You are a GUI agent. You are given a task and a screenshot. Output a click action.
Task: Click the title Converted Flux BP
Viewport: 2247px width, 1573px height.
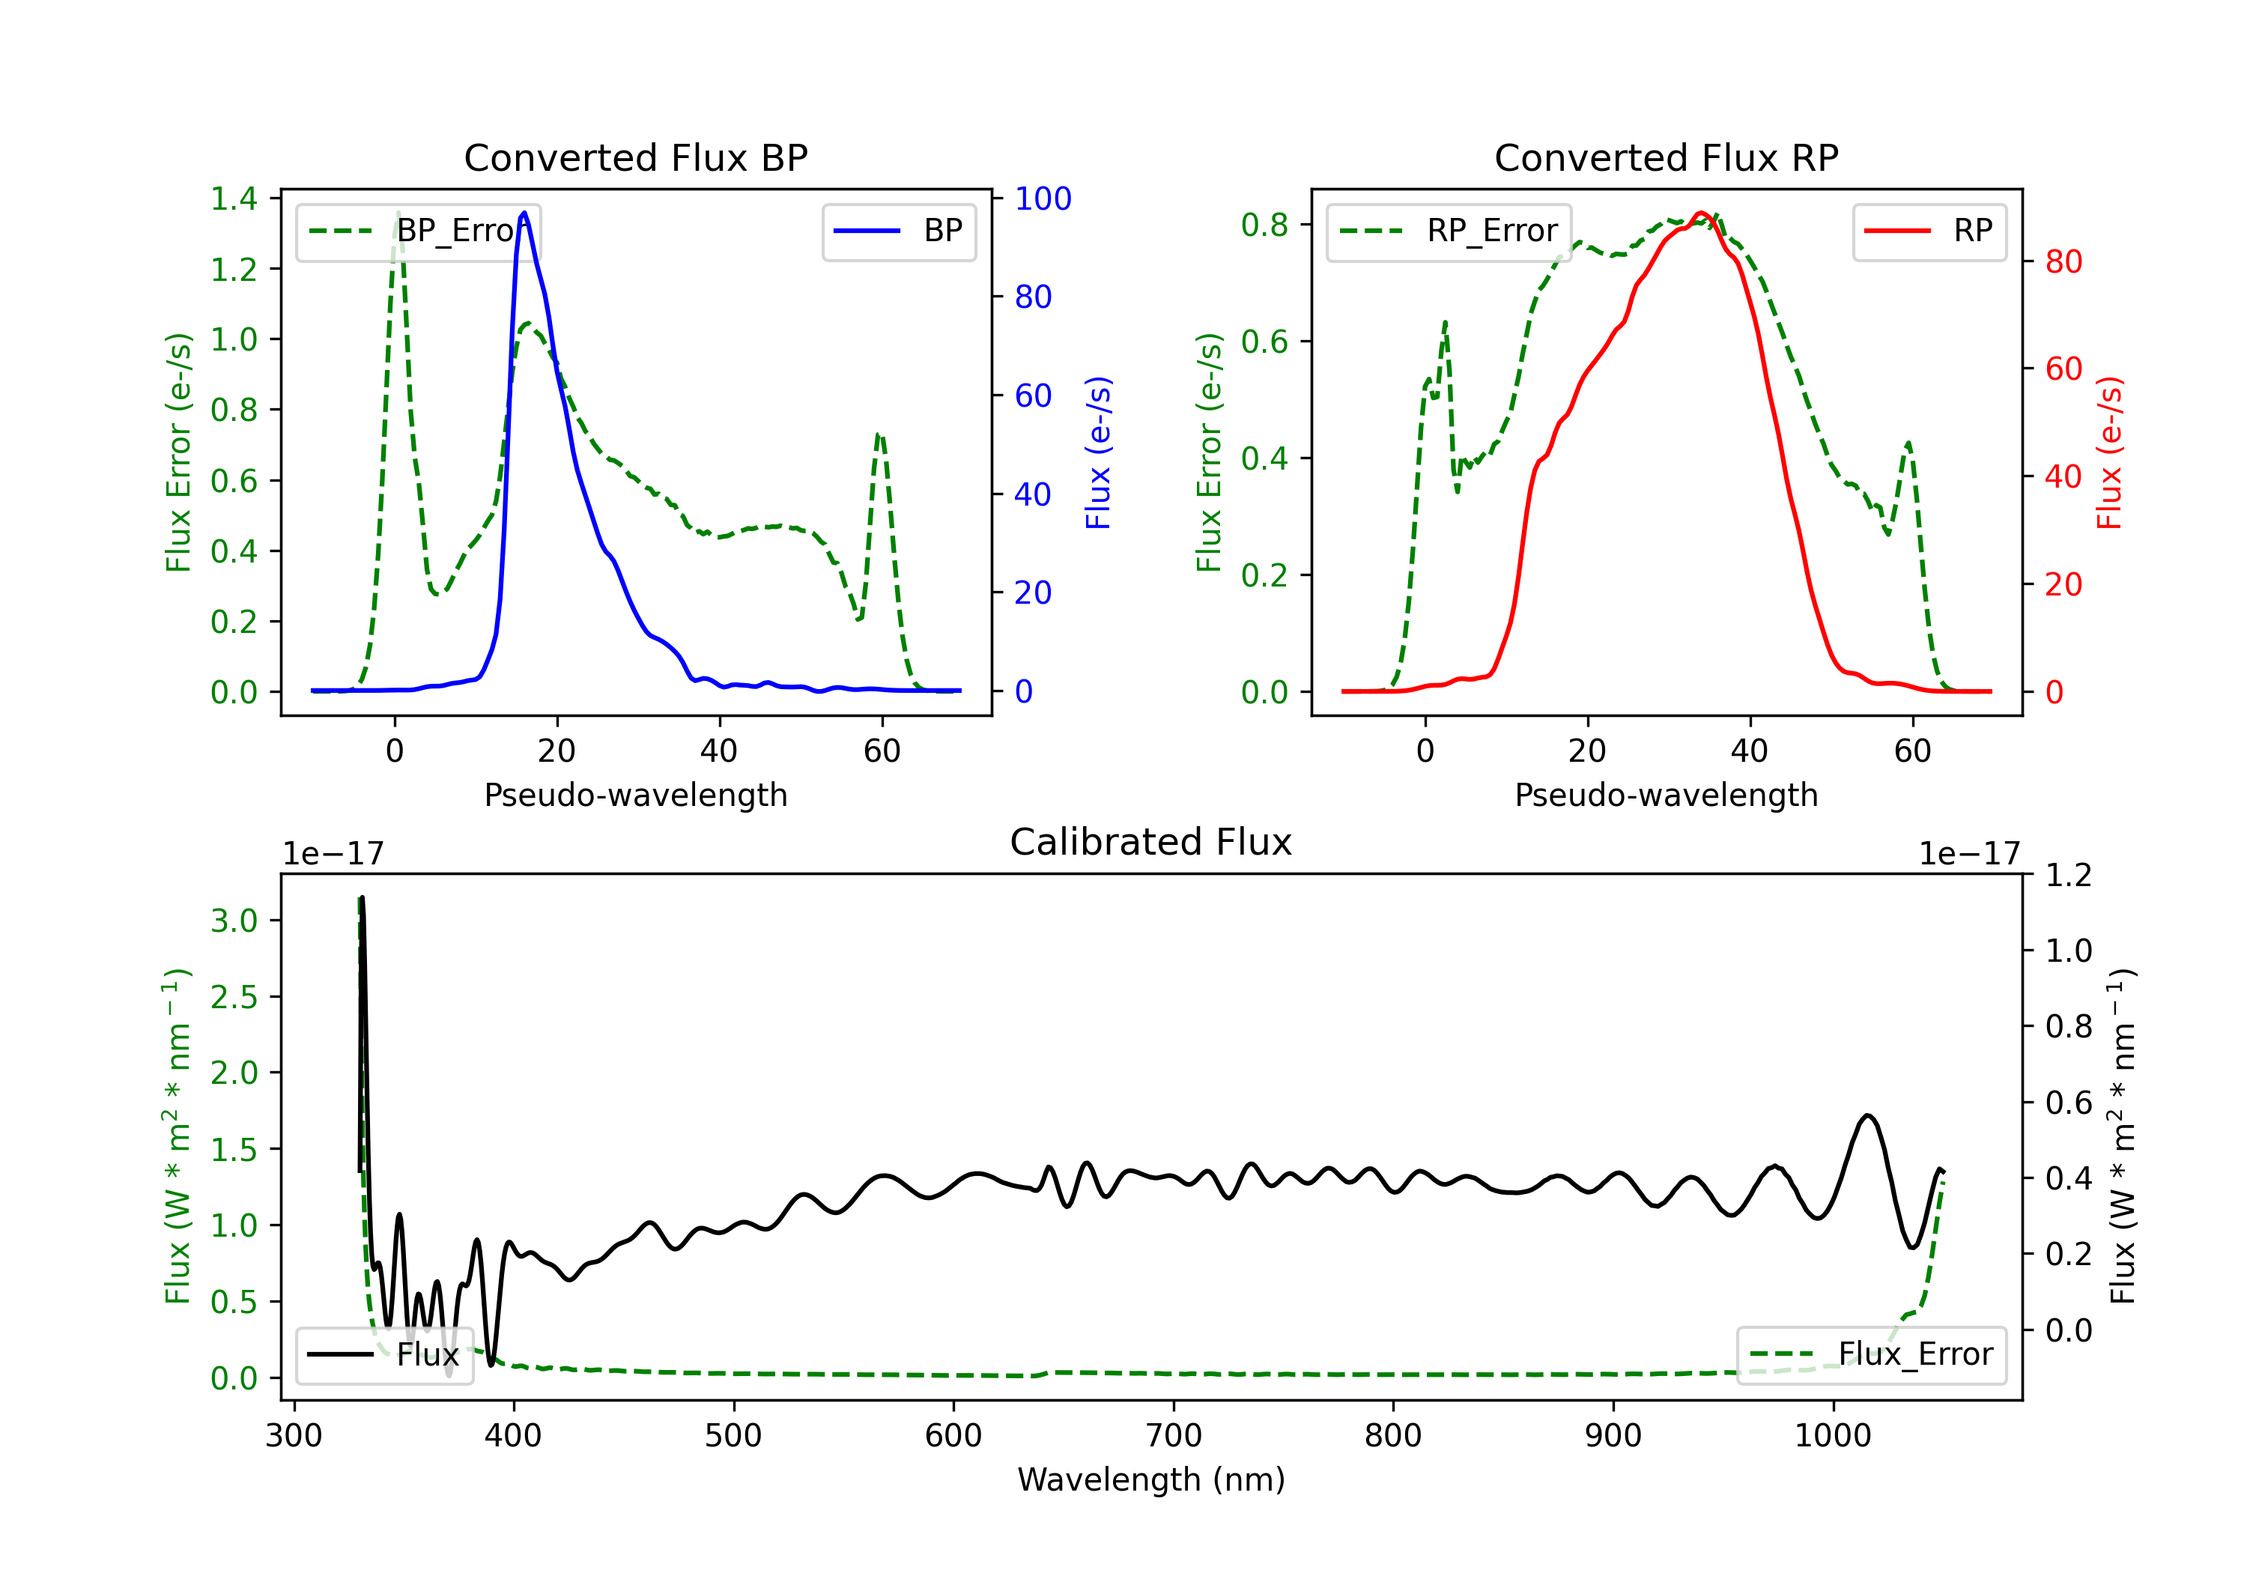pos(635,157)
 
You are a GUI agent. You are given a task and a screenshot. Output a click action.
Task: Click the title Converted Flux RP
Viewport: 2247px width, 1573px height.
pos(1666,157)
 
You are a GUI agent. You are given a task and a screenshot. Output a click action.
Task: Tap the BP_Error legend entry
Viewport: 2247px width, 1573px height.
pos(418,231)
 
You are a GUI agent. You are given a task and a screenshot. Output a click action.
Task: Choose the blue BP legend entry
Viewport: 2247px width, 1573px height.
pos(898,231)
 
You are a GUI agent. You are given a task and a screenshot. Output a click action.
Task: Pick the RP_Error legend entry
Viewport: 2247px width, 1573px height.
pos(1449,231)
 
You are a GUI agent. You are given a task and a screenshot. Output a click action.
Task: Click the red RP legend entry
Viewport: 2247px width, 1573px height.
pos(1929,231)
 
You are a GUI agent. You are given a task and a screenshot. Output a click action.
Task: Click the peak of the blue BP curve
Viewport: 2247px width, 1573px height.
pos(524,213)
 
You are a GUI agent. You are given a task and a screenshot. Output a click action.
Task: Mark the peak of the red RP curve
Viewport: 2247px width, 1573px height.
pos(1702,213)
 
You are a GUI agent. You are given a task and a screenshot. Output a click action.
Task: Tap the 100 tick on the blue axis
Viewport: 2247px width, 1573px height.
pos(1043,198)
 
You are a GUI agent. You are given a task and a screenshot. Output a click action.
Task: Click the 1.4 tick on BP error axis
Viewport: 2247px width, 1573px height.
pos(234,198)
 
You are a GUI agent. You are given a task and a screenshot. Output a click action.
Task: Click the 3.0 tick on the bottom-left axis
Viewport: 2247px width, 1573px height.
pos(234,921)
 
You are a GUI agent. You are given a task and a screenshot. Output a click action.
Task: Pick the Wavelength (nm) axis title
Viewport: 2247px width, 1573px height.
pos(1151,1480)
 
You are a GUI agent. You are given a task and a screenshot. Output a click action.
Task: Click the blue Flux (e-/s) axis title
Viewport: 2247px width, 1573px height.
pos(1098,452)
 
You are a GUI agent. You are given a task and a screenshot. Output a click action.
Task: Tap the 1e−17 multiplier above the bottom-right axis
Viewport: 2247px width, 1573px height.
pos(1969,855)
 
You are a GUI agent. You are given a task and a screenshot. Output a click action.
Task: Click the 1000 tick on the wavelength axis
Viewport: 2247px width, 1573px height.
pos(1832,1436)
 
